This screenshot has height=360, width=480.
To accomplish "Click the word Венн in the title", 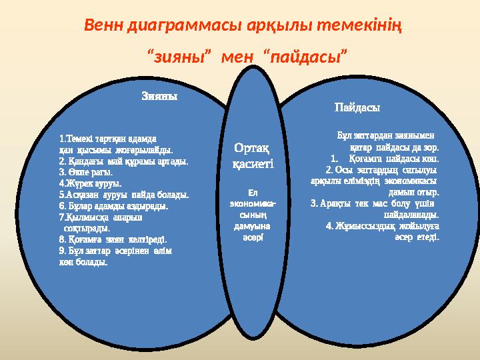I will click(106, 27).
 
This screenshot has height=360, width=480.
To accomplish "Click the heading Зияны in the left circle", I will click(159, 95).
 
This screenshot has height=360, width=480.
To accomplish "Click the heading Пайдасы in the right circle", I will click(357, 107).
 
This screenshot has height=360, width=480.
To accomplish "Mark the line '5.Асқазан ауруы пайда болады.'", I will click(123, 195).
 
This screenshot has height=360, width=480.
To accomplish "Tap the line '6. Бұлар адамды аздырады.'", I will click(113, 206).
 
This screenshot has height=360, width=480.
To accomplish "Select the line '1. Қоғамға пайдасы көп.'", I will click(385, 159).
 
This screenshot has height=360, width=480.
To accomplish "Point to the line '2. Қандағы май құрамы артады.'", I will click(123, 161).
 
